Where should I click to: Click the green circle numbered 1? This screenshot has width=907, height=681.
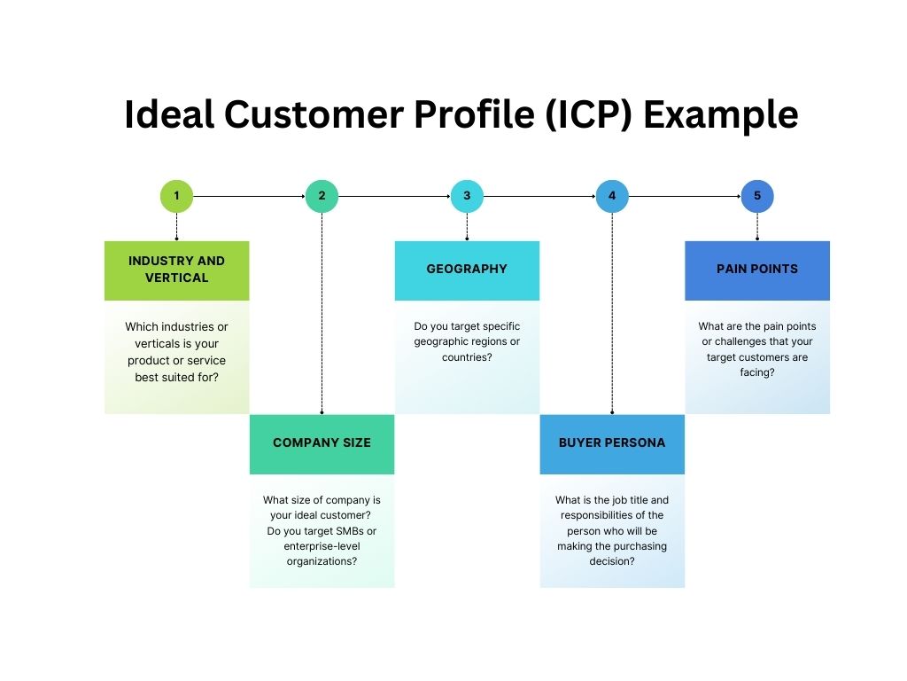point(176,196)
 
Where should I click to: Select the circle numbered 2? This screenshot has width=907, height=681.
point(322,196)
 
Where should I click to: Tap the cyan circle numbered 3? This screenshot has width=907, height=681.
point(467,196)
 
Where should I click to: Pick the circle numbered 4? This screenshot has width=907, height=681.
point(612,196)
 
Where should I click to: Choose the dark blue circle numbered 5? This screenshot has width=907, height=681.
point(757,196)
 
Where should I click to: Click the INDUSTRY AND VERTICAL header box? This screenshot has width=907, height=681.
point(176,270)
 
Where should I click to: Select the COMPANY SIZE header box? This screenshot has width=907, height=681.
point(322,444)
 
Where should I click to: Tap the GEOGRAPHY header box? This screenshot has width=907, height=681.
point(467,270)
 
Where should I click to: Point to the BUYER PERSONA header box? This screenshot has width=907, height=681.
point(612,444)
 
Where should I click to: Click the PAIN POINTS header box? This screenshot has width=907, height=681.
point(757,270)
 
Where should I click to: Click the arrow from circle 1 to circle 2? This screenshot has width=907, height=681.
point(249,196)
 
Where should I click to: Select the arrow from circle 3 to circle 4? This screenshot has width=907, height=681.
point(539,196)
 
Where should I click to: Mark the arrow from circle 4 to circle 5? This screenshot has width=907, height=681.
point(685,196)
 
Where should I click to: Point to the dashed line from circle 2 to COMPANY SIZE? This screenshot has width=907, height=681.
point(322,313)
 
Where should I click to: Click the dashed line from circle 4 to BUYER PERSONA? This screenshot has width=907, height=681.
point(612,313)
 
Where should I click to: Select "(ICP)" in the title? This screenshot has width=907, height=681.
point(589,115)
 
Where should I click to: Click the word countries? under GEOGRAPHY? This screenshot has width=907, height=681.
point(467,357)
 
